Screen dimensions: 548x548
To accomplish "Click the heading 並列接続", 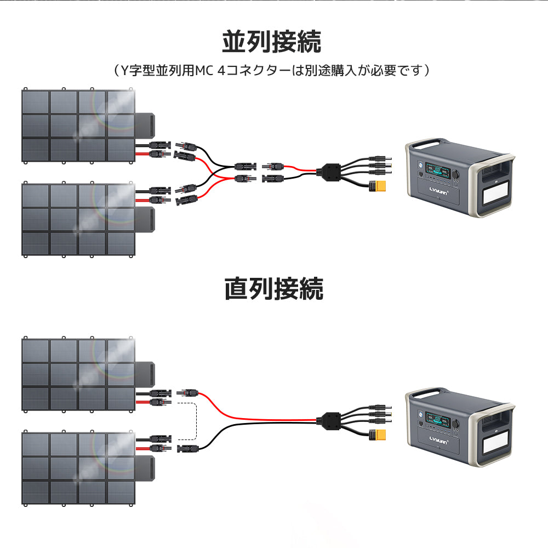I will coord(272,42).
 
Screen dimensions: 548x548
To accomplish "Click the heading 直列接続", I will coord(273,289).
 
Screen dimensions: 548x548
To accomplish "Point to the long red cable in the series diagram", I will coord(258,415).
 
